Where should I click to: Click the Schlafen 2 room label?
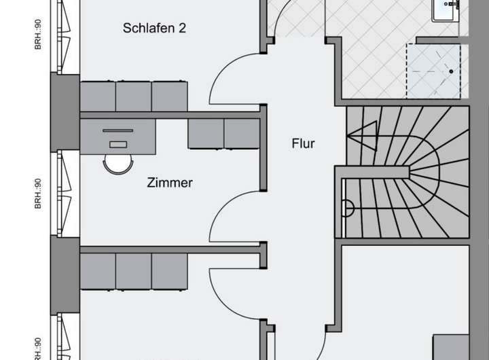click(x=154, y=29)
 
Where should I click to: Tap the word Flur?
click(x=304, y=144)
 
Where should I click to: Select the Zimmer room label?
click(x=170, y=183)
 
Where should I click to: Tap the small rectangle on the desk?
click(x=117, y=144)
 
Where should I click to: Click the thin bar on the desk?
click(x=118, y=130)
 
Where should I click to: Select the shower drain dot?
click(x=450, y=70)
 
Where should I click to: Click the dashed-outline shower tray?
click(x=433, y=71)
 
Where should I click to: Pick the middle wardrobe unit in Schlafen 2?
click(x=133, y=96)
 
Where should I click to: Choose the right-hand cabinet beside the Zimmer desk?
click(x=242, y=134)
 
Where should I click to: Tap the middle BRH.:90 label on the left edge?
click(x=38, y=194)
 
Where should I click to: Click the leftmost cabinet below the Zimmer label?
click(x=98, y=271)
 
